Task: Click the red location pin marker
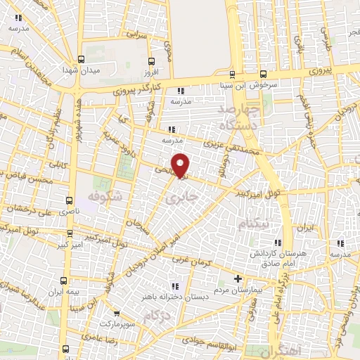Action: (181, 165)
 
